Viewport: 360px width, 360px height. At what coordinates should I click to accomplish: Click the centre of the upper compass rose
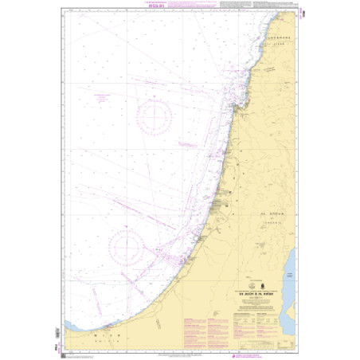pyautogui.click(x=153, y=116)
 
